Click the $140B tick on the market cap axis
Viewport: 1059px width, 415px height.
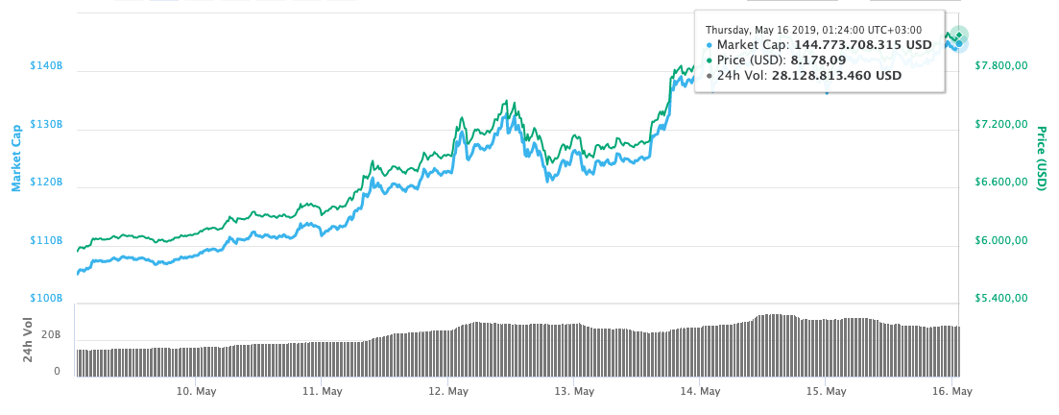[x=47, y=66]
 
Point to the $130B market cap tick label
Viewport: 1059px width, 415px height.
[x=47, y=125]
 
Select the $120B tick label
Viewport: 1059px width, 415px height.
[x=47, y=183]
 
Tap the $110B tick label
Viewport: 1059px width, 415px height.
[x=47, y=241]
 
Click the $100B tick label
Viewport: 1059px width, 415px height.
[x=47, y=299]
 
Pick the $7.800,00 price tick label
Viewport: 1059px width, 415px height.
[x=1001, y=66]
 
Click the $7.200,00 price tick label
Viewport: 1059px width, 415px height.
[x=1001, y=125]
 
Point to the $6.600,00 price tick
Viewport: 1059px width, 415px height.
[x=1001, y=183]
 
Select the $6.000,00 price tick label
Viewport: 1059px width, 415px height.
[x=1001, y=241]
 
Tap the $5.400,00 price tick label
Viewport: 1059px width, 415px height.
[x=1001, y=299]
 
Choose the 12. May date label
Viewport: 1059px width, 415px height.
[x=448, y=392]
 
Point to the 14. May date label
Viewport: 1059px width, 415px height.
[x=700, y=392]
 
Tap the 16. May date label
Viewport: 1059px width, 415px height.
[x=951, y=392]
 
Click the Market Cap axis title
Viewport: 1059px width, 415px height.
[x=16, y=158]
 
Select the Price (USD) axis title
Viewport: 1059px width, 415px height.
[x=1041, y=156]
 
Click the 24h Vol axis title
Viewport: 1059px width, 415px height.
[x=28, y=341]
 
